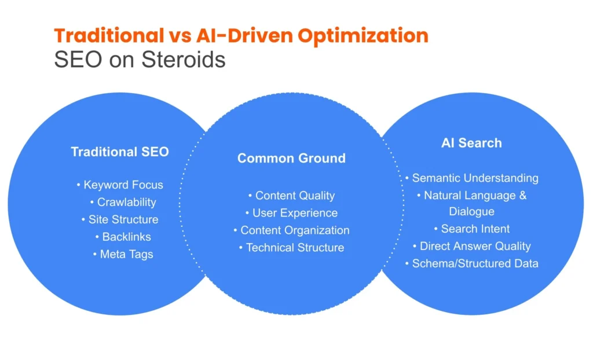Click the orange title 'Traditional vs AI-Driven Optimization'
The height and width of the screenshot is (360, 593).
click(x=241, y=35)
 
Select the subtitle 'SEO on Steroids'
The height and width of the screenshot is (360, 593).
click(x=140, y=59)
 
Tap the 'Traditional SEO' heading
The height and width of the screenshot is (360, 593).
click(x=120, y=152)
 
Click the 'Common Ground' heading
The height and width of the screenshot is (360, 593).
click(x=291, y=158)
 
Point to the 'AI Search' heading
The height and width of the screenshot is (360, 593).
click(x=471, y=143)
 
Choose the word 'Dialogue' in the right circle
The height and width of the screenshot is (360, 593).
click(x=471, y=211)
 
